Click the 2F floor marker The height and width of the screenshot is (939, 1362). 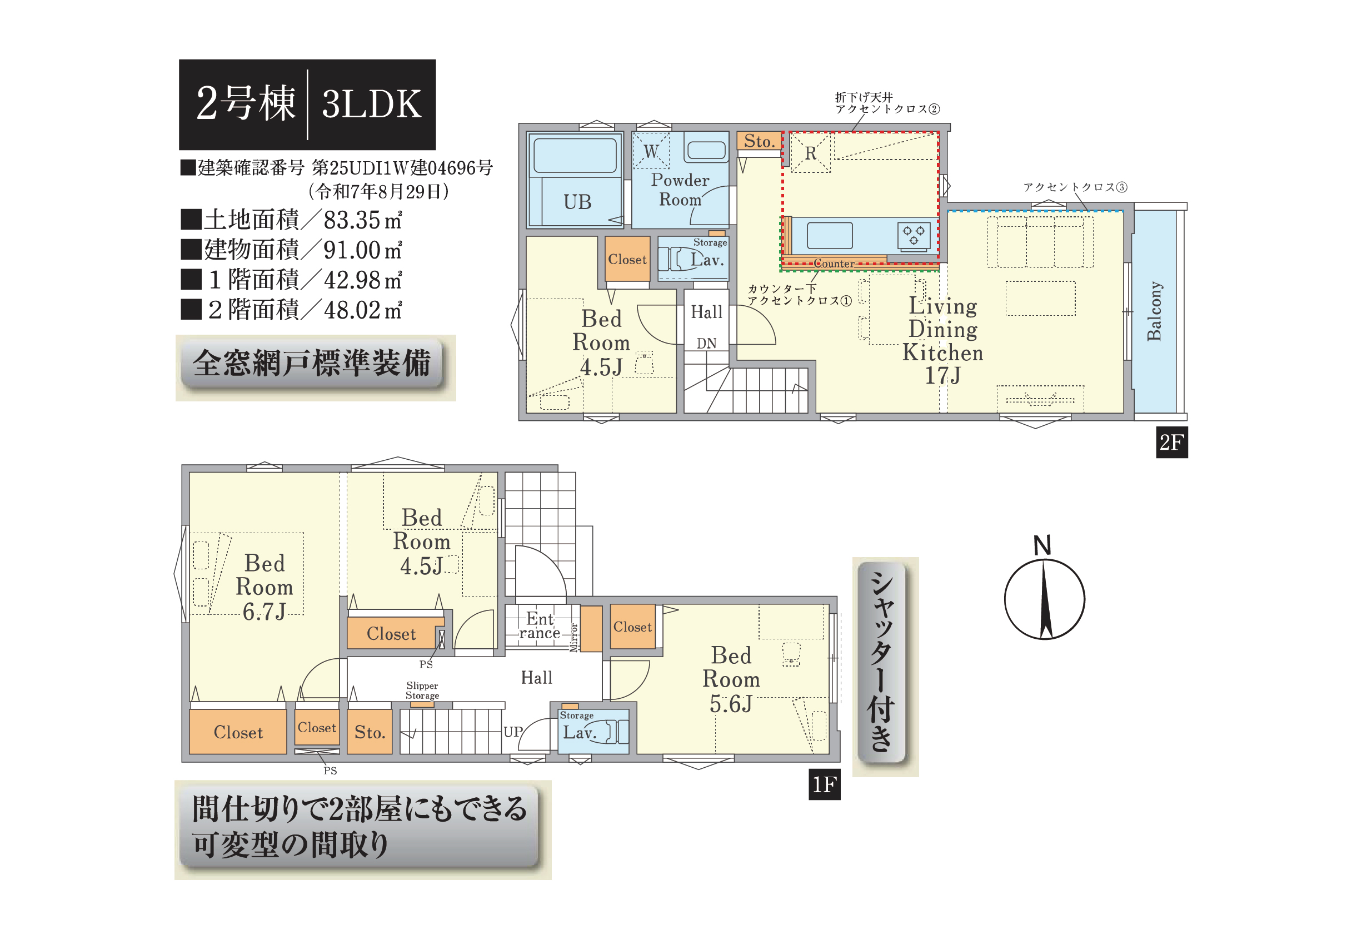tap(1171, 443)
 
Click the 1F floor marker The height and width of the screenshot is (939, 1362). tap(825, 784)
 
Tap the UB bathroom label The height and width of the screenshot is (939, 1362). tap(577, 202)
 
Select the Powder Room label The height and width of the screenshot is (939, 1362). tap(680, 190)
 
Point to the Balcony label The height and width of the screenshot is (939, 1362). tap(1154, 311)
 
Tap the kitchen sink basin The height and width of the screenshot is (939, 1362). tap(830, 235)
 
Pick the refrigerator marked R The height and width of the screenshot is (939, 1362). tap(810, 153)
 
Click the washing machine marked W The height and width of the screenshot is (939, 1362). tap(651, 151)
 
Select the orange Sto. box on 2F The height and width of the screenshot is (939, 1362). tap(759, 141)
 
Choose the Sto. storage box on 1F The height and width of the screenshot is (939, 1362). tap(370, 731)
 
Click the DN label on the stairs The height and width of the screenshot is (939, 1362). tap(706, 343)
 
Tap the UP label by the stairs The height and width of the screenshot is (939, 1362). tap(513, 731)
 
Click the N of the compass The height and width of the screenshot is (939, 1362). tap(1042, 545)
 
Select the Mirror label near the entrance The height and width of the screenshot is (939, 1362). tap(574, 637)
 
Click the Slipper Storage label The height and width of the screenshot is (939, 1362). tap(422, 690)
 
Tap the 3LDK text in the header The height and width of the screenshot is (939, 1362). tap(372, 104)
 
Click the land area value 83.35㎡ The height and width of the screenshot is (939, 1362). tap(362, 220)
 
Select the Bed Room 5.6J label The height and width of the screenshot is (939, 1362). tap(731, 679)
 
